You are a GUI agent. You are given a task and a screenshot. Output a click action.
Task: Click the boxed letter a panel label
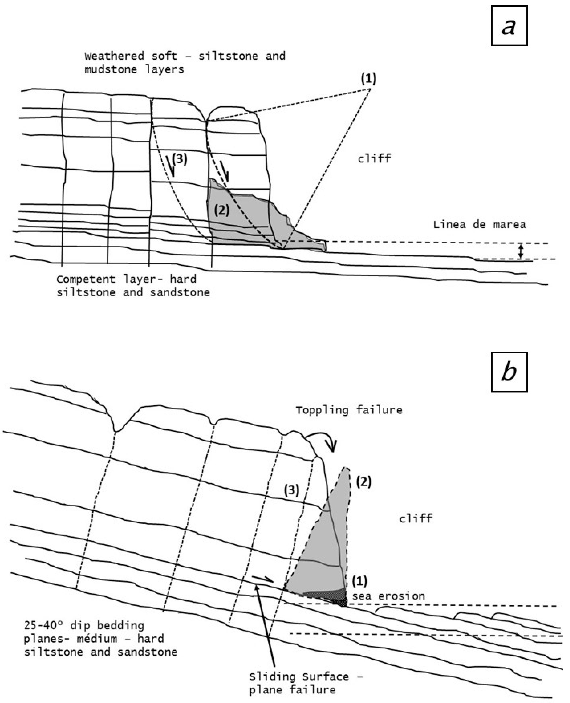pyautogui.click(x=509, y=26)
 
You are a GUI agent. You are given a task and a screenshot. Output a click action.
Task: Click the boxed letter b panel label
pyautogui.click(x=509, y=372)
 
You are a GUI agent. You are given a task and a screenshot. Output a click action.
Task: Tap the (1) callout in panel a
pyautogui.click(x=368, y=79)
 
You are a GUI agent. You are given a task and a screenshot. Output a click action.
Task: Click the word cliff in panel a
pyautogui.click(x=374, y=159)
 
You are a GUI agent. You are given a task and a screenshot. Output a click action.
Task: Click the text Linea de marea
pyautogui.click(x=479, y=225)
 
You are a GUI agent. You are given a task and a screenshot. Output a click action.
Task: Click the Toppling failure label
pyautogui.click(x=349, y=410)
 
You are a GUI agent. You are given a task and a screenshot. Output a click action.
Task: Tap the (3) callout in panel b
pyautogui.click(x=292, y=490)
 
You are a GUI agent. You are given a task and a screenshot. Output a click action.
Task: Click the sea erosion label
pyautogui.click(x=388, y=596)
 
